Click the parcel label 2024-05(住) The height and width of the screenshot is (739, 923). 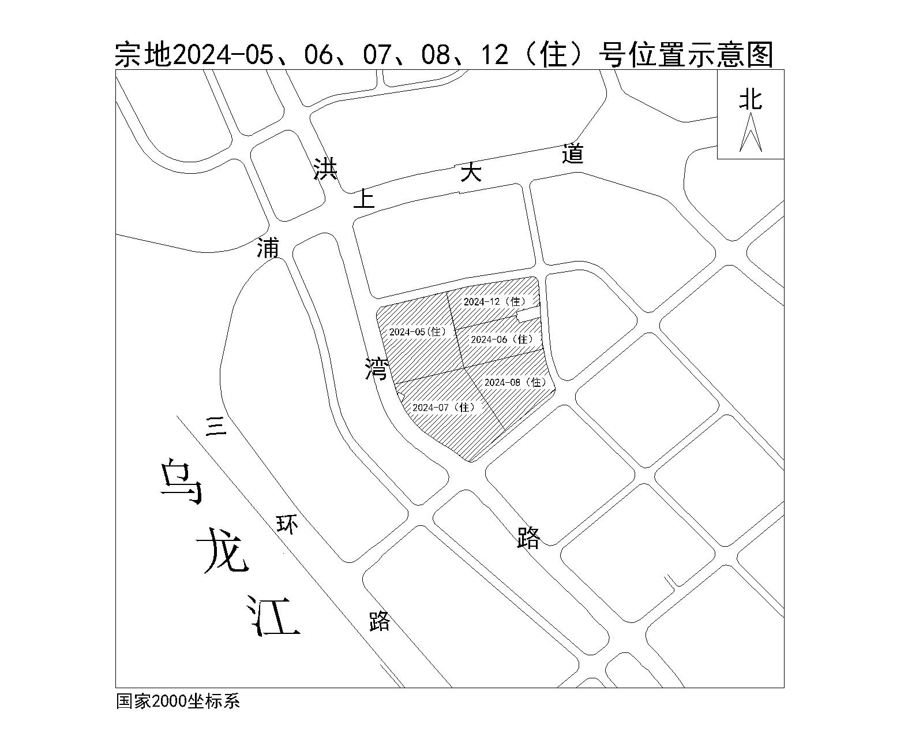(418, 332)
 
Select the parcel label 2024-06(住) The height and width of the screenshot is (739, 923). (502, 339)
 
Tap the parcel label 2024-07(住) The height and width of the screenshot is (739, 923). (444, 408)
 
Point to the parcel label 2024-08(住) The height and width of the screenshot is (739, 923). (516, 382)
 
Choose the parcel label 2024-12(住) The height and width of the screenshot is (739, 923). (495, 302)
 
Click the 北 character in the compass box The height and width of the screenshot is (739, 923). (751, 99)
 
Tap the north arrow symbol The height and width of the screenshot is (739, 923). (751, 132)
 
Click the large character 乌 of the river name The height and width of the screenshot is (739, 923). (181, 482)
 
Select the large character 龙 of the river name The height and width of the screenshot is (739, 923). (223, 551)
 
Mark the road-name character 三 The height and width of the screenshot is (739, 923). (216, 427)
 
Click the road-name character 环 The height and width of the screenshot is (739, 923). (287, 524)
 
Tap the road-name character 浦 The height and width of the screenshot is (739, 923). (268, 247)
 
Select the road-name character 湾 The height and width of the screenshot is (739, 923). (377, 368)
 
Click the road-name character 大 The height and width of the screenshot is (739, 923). (471, 172)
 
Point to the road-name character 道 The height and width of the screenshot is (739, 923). (573, 154)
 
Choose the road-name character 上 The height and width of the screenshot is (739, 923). (363, 199)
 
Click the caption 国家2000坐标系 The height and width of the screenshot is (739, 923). (178, 701)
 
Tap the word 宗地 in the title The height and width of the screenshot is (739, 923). (143, 55)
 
